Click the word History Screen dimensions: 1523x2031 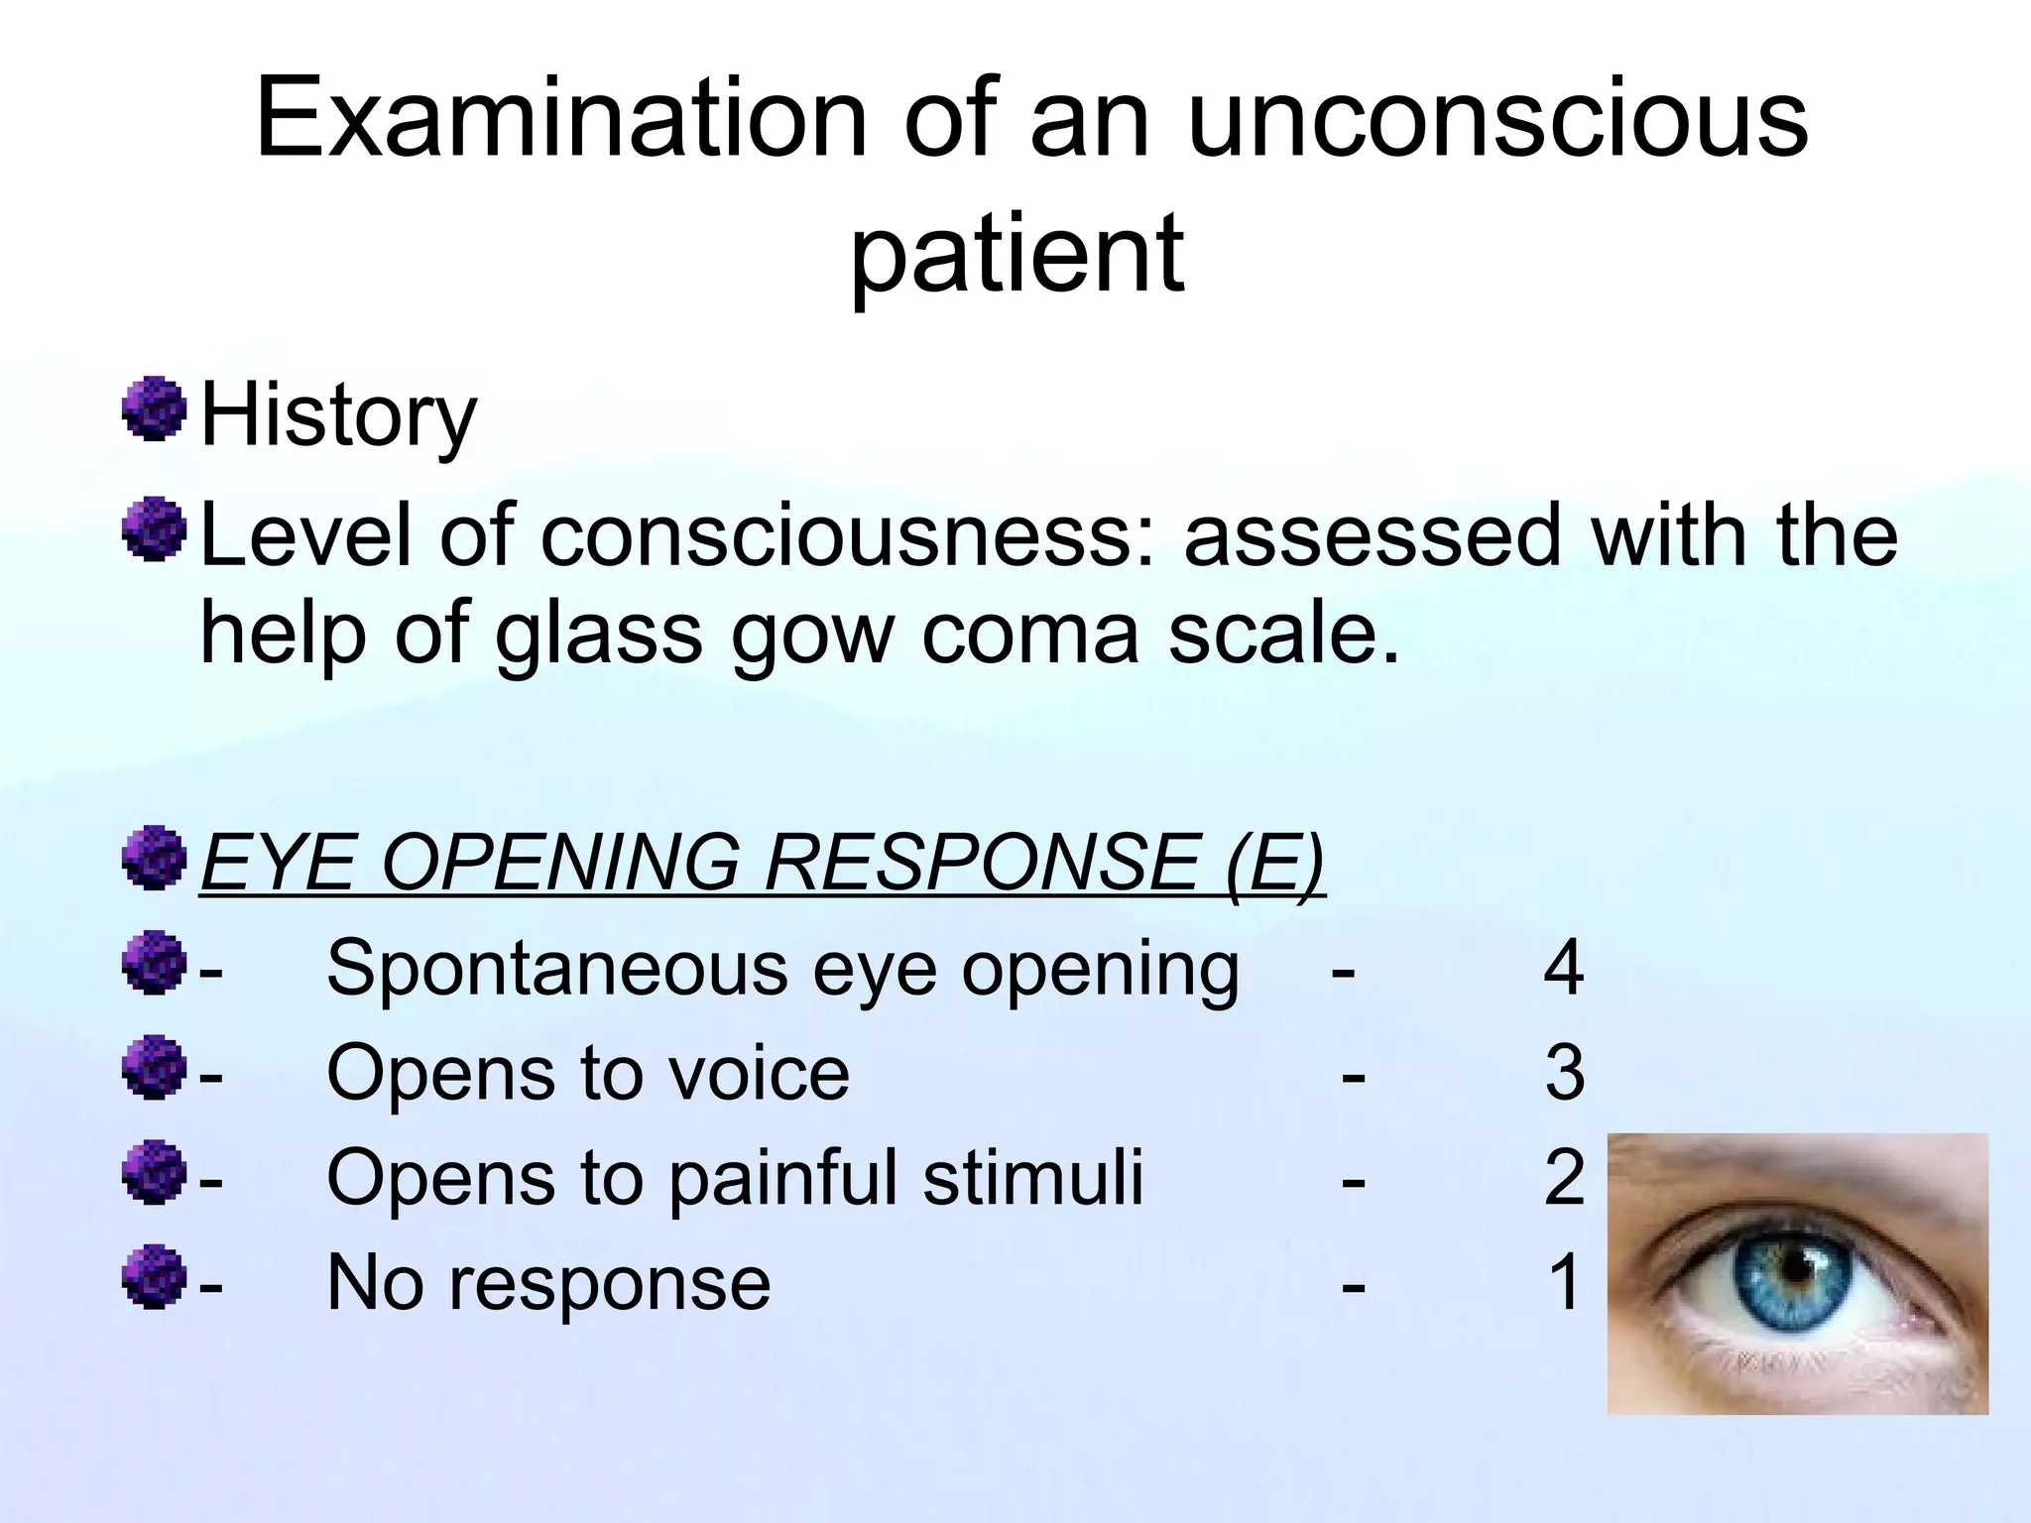[338, 416]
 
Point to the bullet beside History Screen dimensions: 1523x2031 [155, 408]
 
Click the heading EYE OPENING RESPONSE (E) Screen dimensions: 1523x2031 [762, 861]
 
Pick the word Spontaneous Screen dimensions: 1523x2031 [557, 969]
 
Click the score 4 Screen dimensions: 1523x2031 [1564, 969]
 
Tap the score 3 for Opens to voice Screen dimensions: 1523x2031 [1564, 1073]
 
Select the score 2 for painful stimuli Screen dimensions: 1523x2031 [1564, 1178]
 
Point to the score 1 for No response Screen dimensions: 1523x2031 [1564, 1283]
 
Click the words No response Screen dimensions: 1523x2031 [548, 1283]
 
